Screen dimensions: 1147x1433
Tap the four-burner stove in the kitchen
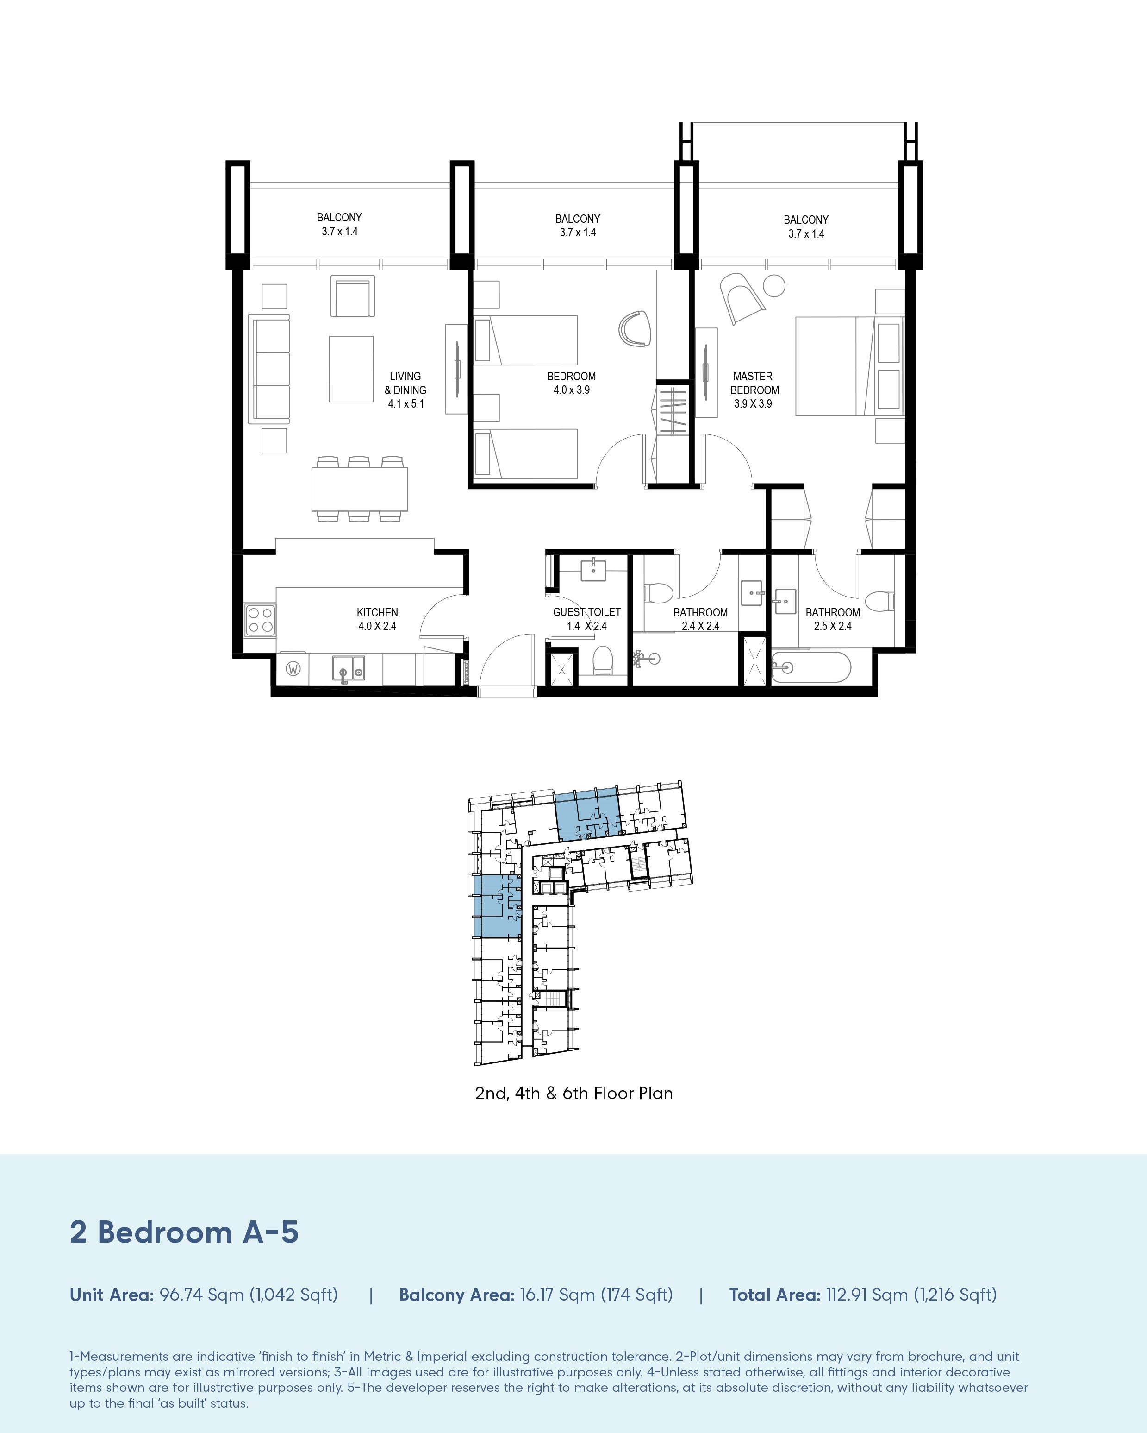[x=260, y=619]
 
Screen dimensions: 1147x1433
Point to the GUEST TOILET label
[x=587, y=611]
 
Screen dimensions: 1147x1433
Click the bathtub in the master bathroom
[x=811, y=666]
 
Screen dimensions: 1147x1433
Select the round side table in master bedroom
[x=774, y=286]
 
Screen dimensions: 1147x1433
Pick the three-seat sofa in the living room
[x=269, y=369]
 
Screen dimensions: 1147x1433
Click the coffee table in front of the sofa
[x=351, y=369]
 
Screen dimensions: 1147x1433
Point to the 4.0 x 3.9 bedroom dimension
[x=572, y=390]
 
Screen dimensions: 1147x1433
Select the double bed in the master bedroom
[x=849, y=366]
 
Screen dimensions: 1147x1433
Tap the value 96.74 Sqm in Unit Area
[x=202, y=1295]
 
